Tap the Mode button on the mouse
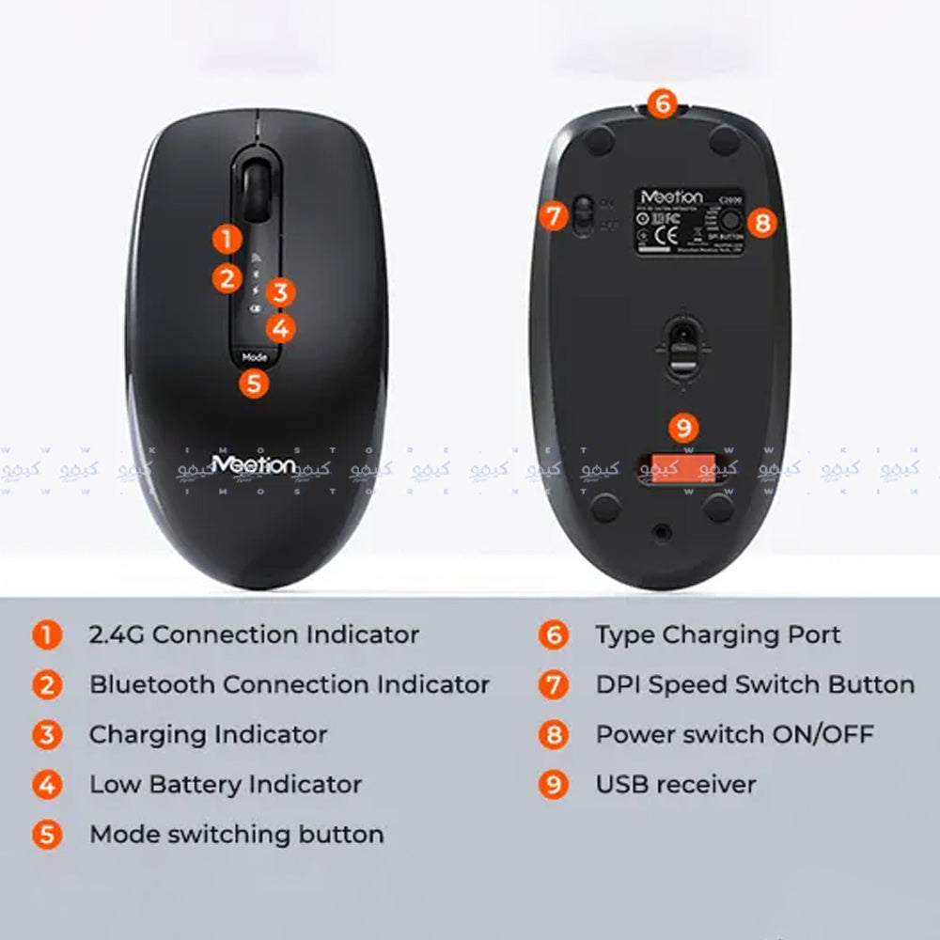(x=254, y=356)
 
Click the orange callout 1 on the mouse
(x=227, y=238)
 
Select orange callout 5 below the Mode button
(x=254, y=383)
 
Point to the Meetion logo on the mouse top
(x=254, y=464)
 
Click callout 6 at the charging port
(x=663, y=102)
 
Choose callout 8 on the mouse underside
(x=762, y=223)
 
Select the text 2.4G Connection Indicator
(x=254, y=634)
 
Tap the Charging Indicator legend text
(x=208, y=734)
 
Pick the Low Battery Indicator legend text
(x=226, y=784)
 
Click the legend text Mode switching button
(x=236, y=834)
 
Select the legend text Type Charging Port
(x=718, y=634)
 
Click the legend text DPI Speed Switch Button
(x=755, y=684)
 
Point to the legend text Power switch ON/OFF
(x=734, y=734)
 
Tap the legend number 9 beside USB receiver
(x=554, y=784)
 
